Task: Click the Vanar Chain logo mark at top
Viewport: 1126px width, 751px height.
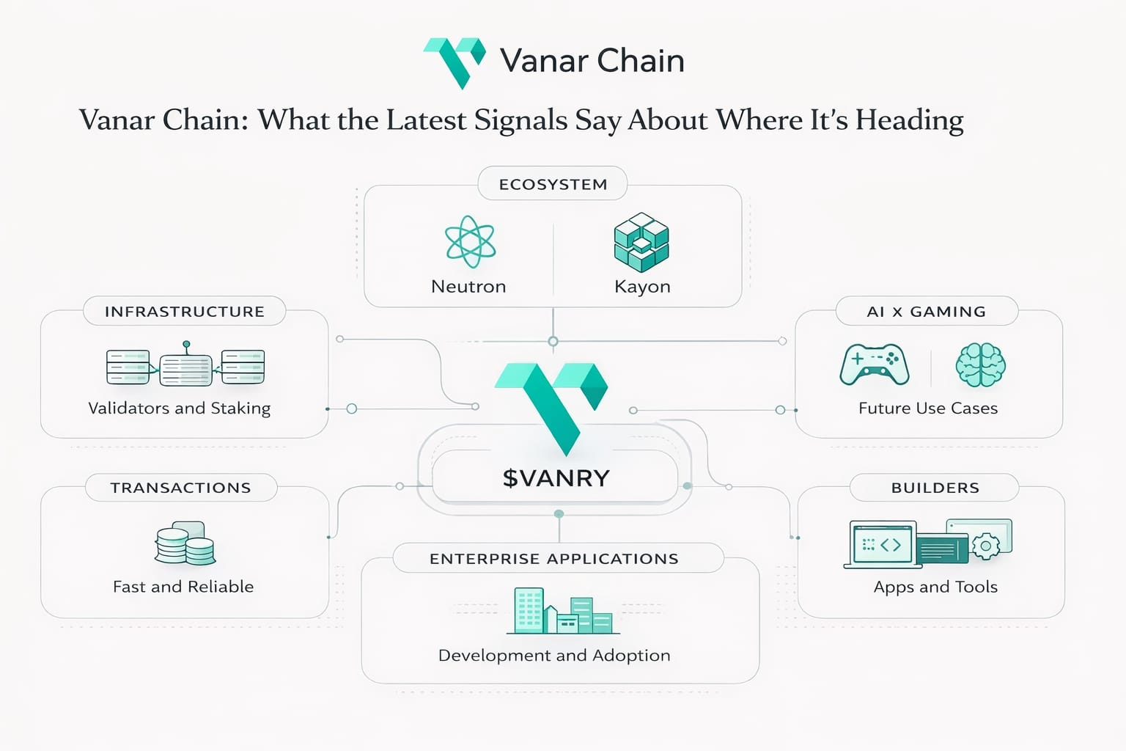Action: coord(455,62)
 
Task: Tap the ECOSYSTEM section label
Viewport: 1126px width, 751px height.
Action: coord(553,184)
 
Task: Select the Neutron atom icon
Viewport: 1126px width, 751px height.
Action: coord(470,242)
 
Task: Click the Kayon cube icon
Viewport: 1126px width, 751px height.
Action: coord(641,242)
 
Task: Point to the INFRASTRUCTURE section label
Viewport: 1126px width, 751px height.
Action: coord(184,311)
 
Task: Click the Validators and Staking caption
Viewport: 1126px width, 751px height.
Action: coord(179,408)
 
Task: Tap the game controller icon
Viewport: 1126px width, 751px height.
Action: coord(875,364)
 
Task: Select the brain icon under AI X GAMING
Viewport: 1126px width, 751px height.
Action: coord(980,364)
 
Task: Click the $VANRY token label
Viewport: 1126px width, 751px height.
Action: coord(556,478)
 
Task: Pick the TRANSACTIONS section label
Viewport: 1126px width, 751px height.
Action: coord(180,488)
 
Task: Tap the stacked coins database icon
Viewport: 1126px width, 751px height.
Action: coord(185,543)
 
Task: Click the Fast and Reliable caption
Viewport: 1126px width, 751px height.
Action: coord(183,587)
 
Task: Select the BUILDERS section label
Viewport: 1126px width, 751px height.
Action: coord(935,488)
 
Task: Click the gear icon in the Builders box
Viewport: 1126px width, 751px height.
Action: coord(985,546)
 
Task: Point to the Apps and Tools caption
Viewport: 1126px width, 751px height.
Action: coord(935,587)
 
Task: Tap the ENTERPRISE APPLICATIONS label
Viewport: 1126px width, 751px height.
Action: coord(554,559)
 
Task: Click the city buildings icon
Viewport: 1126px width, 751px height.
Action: coord(562,611)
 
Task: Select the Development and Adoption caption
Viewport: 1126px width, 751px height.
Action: coord(554,655)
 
